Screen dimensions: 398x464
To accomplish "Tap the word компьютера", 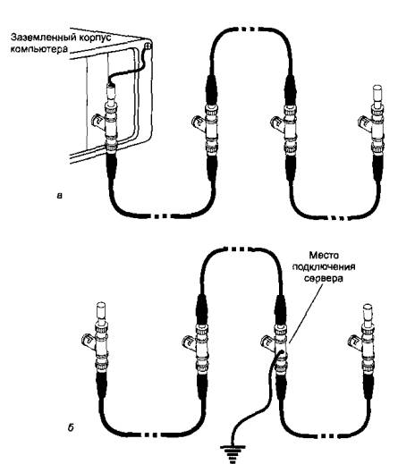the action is click(x=39, y=48).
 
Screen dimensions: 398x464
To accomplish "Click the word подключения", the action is click(x=324, y=266).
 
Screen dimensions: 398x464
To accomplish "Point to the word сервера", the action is click(x=324, y=278).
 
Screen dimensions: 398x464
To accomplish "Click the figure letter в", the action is click(x=60, y=196).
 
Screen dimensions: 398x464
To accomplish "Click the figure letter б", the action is click(x=71, y=428).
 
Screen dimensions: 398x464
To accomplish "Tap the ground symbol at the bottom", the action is click(x=233, y=453).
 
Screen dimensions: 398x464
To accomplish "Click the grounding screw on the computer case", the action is click(x=148, y=46).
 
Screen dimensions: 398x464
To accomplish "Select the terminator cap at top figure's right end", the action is click(x=377, y=93).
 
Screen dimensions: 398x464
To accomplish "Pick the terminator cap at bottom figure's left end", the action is click(x=101, y=311).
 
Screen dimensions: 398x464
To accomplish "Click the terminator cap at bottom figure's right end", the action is click(x=367, y=312).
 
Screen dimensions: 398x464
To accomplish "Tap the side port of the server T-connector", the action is click(x=267, y=341).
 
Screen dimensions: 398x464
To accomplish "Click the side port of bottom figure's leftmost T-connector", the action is click(x=88, y=340).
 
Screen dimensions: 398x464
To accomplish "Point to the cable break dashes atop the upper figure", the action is click(x=248, y=30).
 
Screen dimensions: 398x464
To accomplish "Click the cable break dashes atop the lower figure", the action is click(x=238, y=249).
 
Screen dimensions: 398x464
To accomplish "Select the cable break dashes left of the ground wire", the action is click(x=151, y=435).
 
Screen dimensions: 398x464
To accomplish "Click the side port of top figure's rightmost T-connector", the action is click(x=365, y=122).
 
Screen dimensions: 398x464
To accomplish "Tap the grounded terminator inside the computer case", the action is click(x=112, y=93).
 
